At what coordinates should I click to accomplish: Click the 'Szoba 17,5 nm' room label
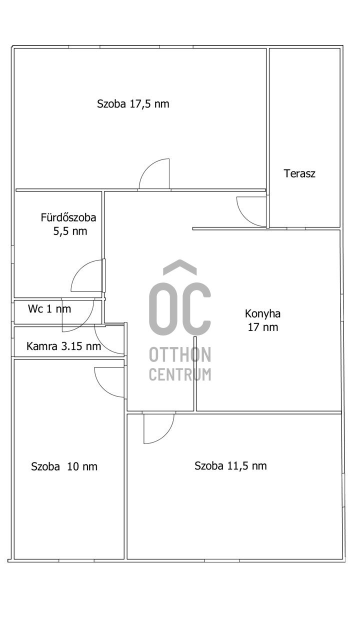click(x=133, y=103)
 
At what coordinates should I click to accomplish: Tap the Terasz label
click(x=299, y=173)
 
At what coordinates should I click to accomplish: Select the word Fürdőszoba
click(x=68, y=217)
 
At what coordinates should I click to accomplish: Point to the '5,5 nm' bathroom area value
click(x=70, y=231)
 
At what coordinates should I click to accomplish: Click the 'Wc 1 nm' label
click(x=49, y=309)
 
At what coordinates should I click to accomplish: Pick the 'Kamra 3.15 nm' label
click(x=63, y=346)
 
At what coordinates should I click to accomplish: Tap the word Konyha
click(x=262, y=313)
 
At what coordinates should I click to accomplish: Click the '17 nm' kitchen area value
click(x=263, y=327)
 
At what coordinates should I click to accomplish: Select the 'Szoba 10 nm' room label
click(x=64, y=466)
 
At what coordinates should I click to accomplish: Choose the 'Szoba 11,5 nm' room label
click(x=230, y=465)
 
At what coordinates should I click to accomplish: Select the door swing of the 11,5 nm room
click(x=167, y=434)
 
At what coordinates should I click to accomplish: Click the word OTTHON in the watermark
click(x=180, y=354)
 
